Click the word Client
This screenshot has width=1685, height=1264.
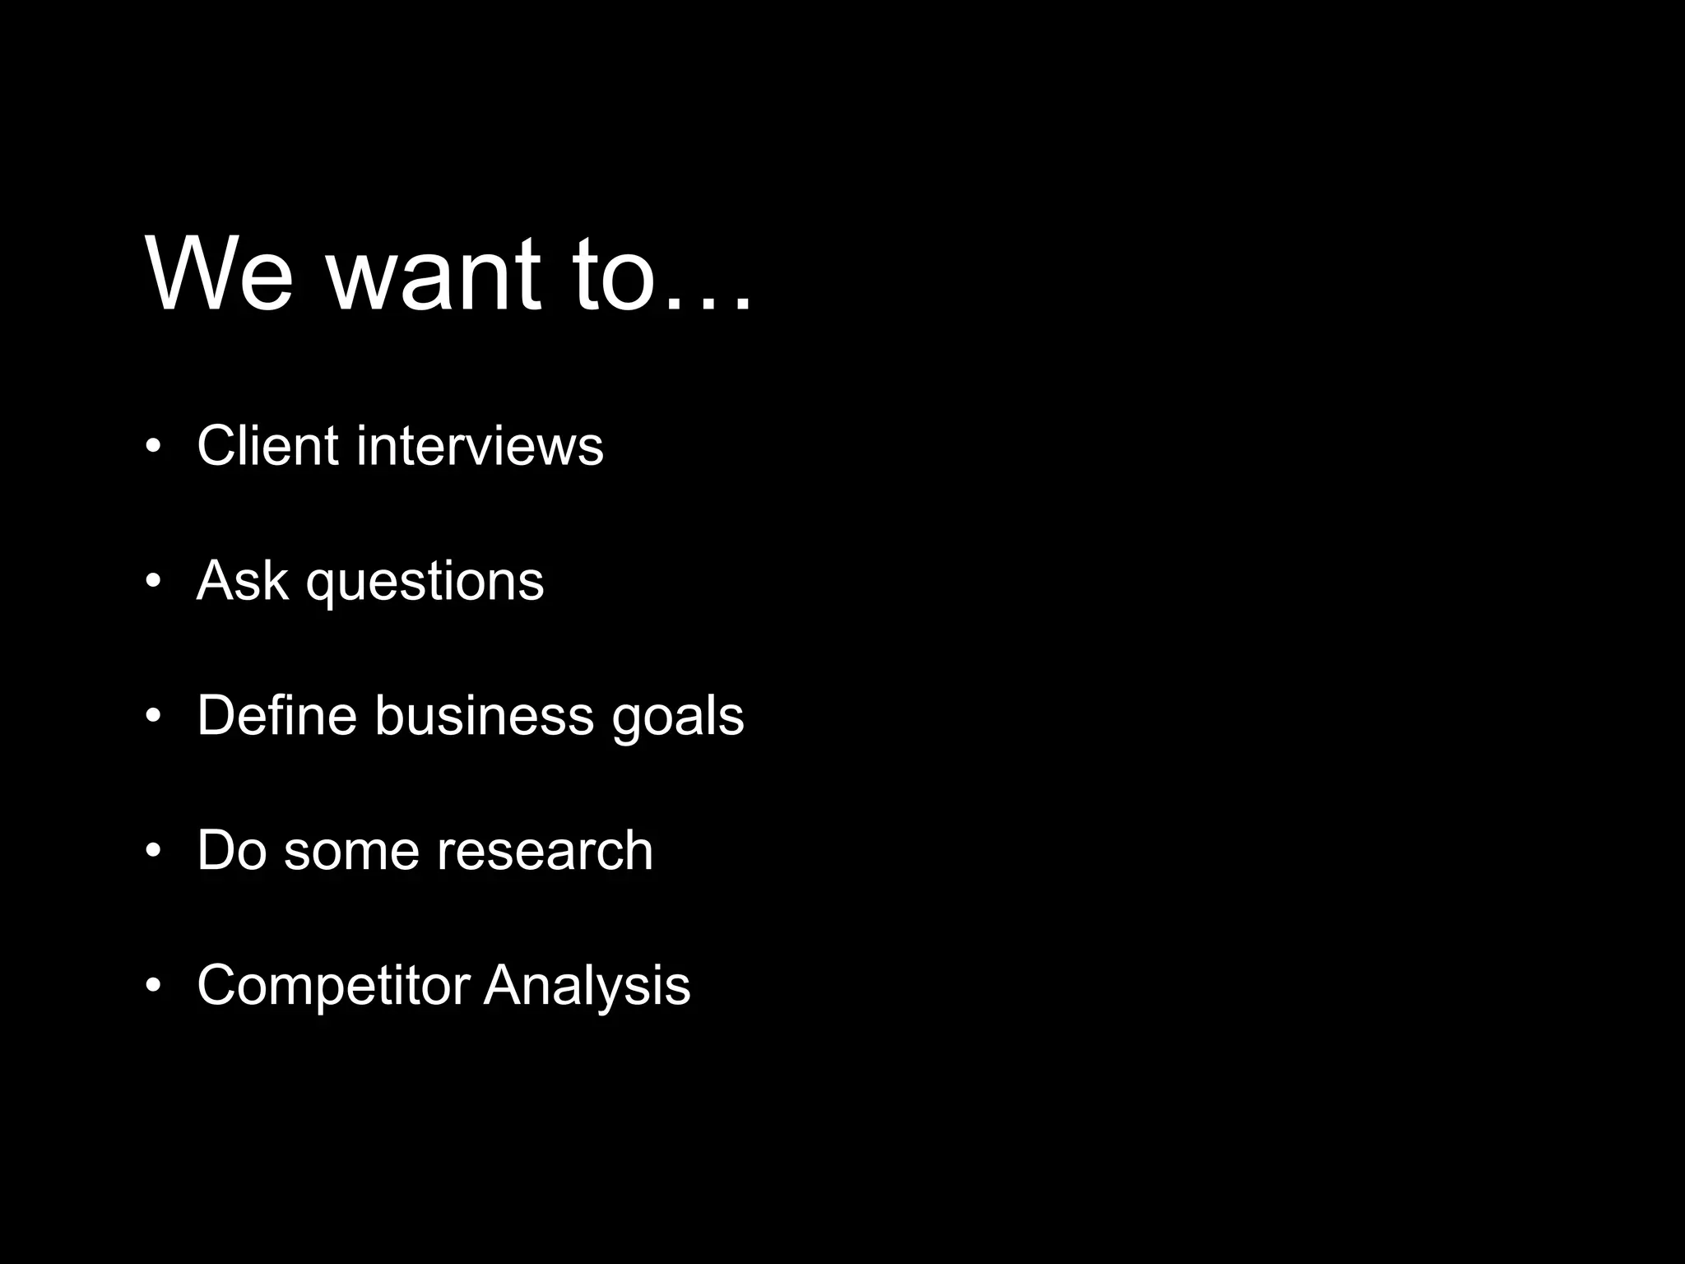(x=267, y=446)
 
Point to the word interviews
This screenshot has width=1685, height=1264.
(x=480, y=446)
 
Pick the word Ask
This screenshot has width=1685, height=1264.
(x=242, y=581)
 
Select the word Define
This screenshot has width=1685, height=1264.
(x=276, y=715)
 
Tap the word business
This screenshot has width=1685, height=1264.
(x=484, y=715)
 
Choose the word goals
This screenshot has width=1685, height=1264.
(x=678, y=718)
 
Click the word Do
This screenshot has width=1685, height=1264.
(x=231, y=850)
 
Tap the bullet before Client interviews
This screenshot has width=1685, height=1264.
(x=152, y=447)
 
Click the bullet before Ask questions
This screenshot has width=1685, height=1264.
(x=152, y=582)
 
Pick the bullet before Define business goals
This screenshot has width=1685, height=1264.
(x=152, y=716)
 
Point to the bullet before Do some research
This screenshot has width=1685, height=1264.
(x=152, y=851)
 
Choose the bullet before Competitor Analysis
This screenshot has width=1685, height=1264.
(x=152, y=985)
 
